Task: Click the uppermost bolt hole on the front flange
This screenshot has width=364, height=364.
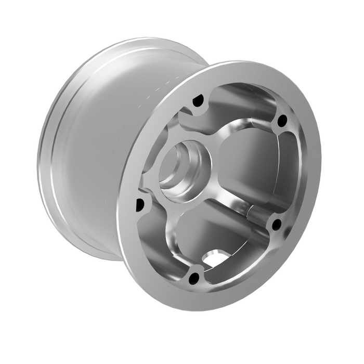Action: (198, 101)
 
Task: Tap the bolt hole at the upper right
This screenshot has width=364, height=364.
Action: (282, 121)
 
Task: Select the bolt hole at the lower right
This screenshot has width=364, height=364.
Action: (277, 225)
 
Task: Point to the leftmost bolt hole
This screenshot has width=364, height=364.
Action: (139, 204)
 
